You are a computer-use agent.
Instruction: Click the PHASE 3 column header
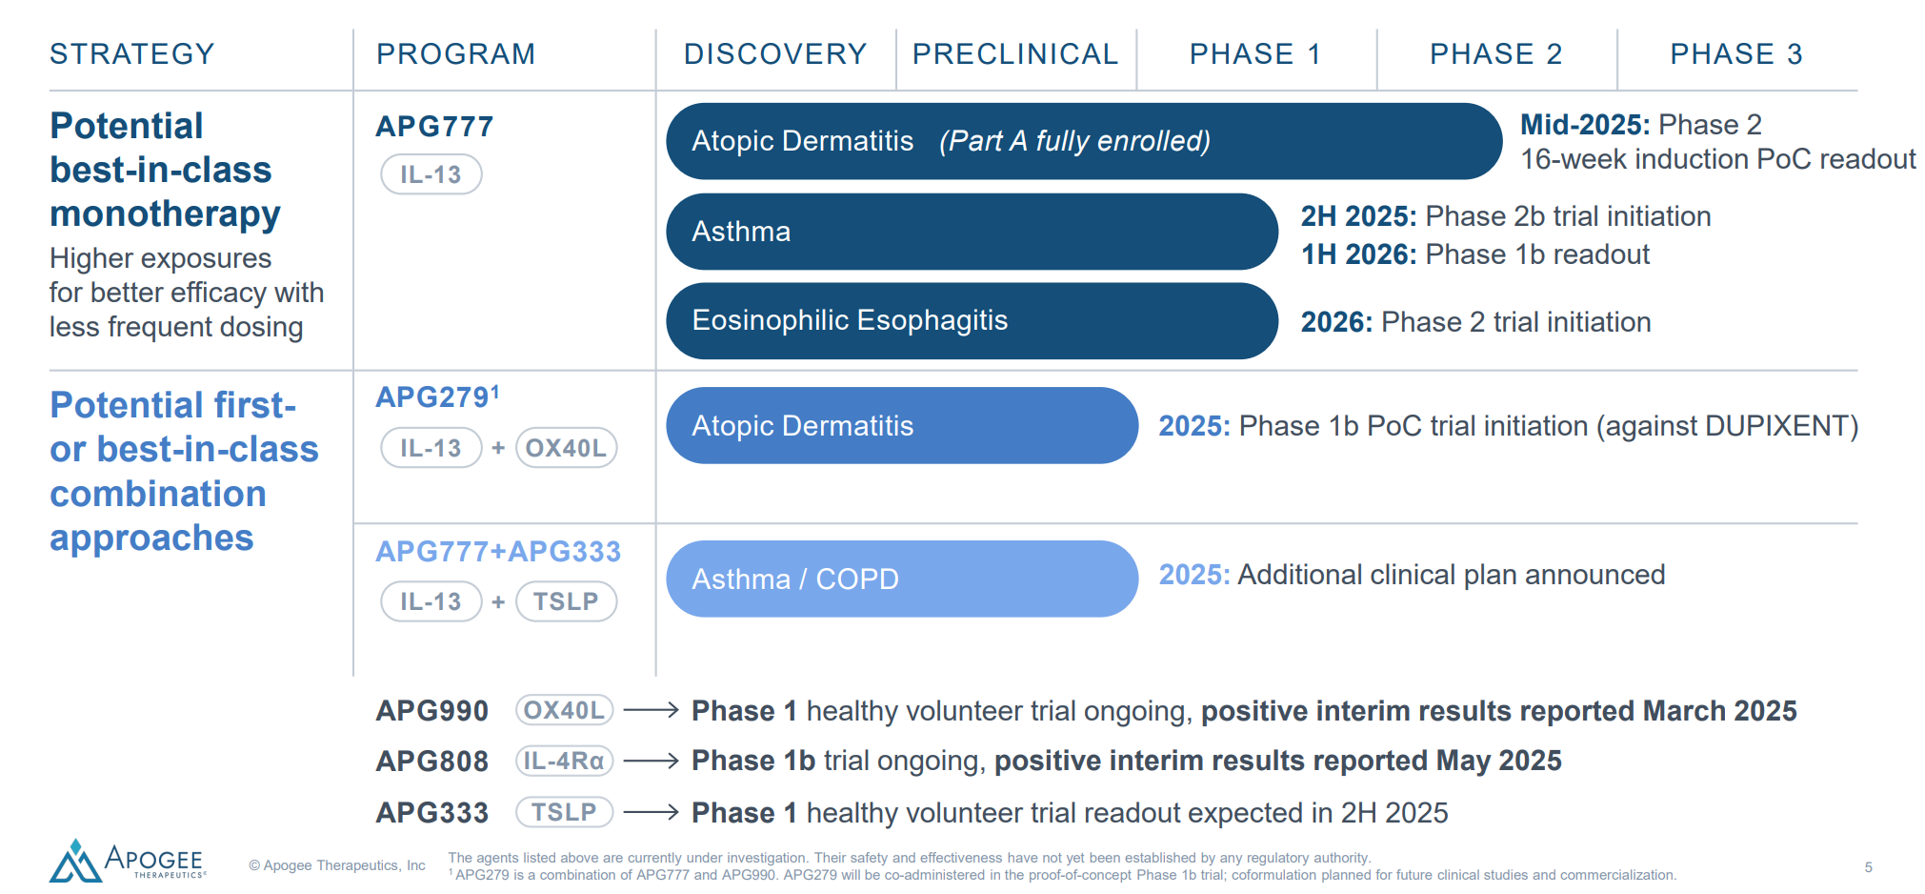[1736, 54]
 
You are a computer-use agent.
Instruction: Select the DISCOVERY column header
[775, 54]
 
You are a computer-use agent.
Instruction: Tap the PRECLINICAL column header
[1015, 54]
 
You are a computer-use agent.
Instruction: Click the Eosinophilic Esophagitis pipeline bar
[972, 321]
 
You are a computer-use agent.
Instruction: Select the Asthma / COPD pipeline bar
[902, 579]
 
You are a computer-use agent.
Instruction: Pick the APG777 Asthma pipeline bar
[972, 232]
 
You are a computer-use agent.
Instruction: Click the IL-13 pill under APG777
[431, 174]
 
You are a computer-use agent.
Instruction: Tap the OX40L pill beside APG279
[567, 448]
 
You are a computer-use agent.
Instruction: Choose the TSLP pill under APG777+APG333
[567, 601]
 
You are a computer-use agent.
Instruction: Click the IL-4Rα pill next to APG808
[565, 761]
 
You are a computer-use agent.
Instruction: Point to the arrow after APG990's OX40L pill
[651, 710]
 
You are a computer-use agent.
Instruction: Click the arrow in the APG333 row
[651, 812]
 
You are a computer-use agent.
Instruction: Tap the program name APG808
[432, 762]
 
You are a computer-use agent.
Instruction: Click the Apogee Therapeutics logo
[128, 861]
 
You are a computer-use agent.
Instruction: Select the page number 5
[1869, 867]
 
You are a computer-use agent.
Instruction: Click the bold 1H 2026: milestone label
[1360, 254]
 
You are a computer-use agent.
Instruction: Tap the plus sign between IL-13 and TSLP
[498, 601]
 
